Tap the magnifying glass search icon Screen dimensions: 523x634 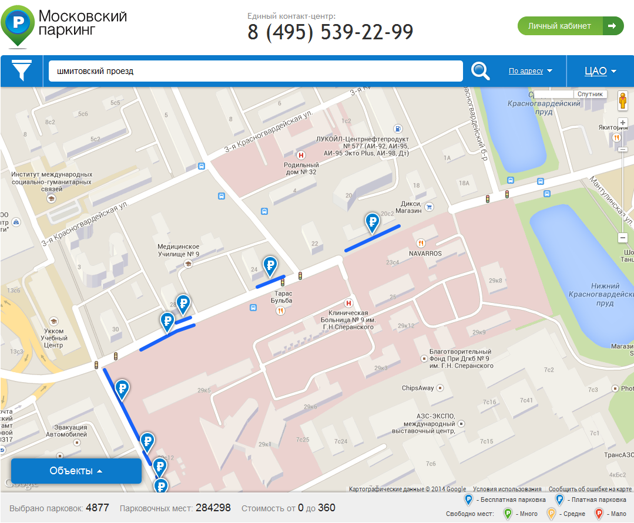pos(480,71)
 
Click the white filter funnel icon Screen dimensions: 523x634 pos(22,71)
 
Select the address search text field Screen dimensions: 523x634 pos(256,71)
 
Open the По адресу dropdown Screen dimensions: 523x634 pos(531,71)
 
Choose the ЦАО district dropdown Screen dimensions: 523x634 pos(600,71)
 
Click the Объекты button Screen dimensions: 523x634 pos(76,471)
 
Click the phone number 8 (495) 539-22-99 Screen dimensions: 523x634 pos(330,32)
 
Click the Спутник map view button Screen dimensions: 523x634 pos(590,94)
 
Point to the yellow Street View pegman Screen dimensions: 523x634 pos(623,102)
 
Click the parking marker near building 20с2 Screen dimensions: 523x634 pos(372,222)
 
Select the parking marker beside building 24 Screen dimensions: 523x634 pos(270,266)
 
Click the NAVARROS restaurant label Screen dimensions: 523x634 pos(425,254)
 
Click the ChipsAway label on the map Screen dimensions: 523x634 pos(418,388)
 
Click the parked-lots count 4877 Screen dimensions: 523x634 pos(98,508)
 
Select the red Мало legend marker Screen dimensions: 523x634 pos(599,514)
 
